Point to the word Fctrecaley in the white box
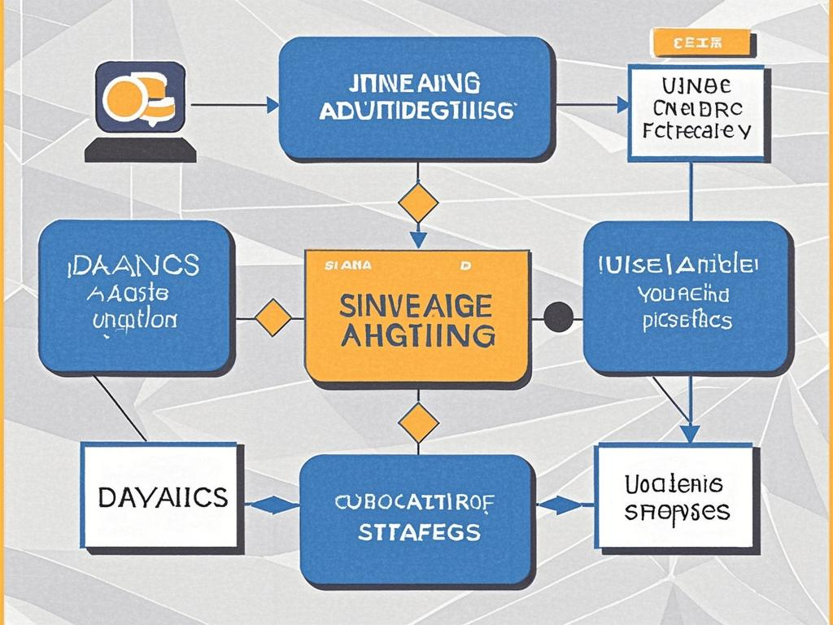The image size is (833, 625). coord(696,129)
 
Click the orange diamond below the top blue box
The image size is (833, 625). coord(418,203)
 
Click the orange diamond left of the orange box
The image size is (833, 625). coord(273,317)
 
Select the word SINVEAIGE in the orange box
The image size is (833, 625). coord(416,305)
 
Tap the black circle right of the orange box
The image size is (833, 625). coord(558,317)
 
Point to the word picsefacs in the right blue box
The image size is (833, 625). coord(687,320)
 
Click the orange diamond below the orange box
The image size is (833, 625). coord(418,423)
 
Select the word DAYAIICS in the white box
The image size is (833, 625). coord(162,496)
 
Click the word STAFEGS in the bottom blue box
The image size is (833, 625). coord(418,534)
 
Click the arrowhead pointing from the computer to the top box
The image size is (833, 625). coord(272,104)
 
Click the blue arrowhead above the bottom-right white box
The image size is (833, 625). coord(690,434)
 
